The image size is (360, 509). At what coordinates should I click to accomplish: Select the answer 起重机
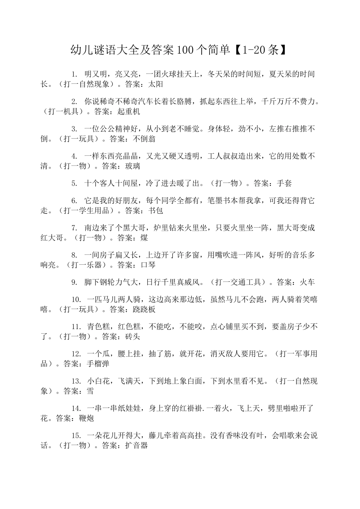point(128,111)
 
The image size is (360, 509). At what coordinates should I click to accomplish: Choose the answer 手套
point(284,183)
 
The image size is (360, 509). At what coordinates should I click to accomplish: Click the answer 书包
point(155,211)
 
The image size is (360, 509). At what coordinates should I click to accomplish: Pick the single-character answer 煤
point(144,238)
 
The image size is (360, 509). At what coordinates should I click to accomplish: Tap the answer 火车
point(307,282)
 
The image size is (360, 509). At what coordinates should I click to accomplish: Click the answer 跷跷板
point(144,309)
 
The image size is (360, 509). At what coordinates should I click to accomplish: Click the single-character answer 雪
point(90,391)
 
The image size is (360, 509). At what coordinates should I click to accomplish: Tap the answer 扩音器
point(136,446)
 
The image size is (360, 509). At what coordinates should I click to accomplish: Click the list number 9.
point(74,282)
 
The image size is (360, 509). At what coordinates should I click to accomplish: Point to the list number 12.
point(76,354)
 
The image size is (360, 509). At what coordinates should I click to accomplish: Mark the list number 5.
point(74,183)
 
